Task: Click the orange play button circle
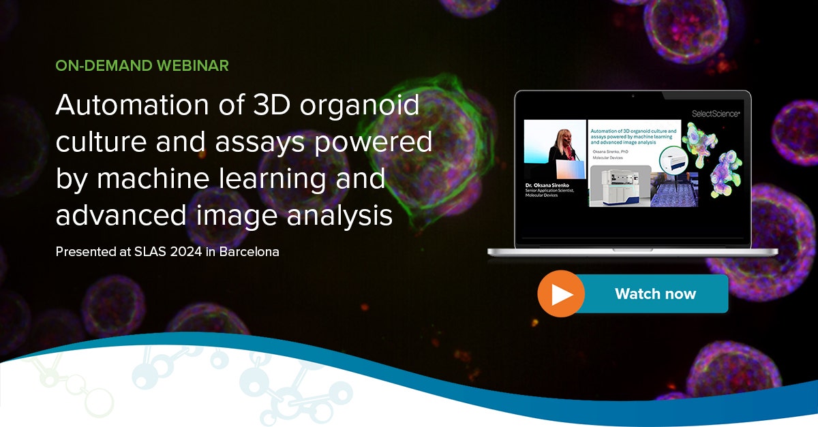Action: pos(561,294)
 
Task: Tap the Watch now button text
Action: pos(655,294)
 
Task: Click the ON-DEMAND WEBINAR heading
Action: pos(142,66)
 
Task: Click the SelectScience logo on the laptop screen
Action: pos(714,114)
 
